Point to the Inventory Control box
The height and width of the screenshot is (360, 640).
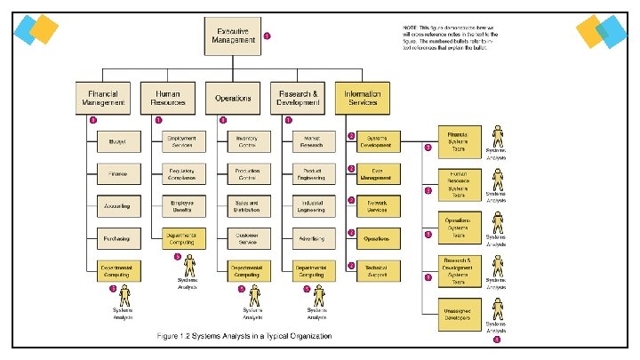(x=246, y=141)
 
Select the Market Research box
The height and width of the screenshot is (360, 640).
(x=311, y=141)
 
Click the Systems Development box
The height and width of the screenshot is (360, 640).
(x=377, y=141)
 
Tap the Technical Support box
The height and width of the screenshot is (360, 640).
(x=377, y=271)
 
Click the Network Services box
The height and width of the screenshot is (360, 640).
(x=377, y=206)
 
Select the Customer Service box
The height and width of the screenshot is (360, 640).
(x=246, y=238)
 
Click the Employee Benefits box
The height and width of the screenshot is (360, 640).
(x=182, y=206)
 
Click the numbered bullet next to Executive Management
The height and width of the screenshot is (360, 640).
(x=268, y=36)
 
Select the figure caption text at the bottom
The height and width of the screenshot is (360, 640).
(x=244, y=336)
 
